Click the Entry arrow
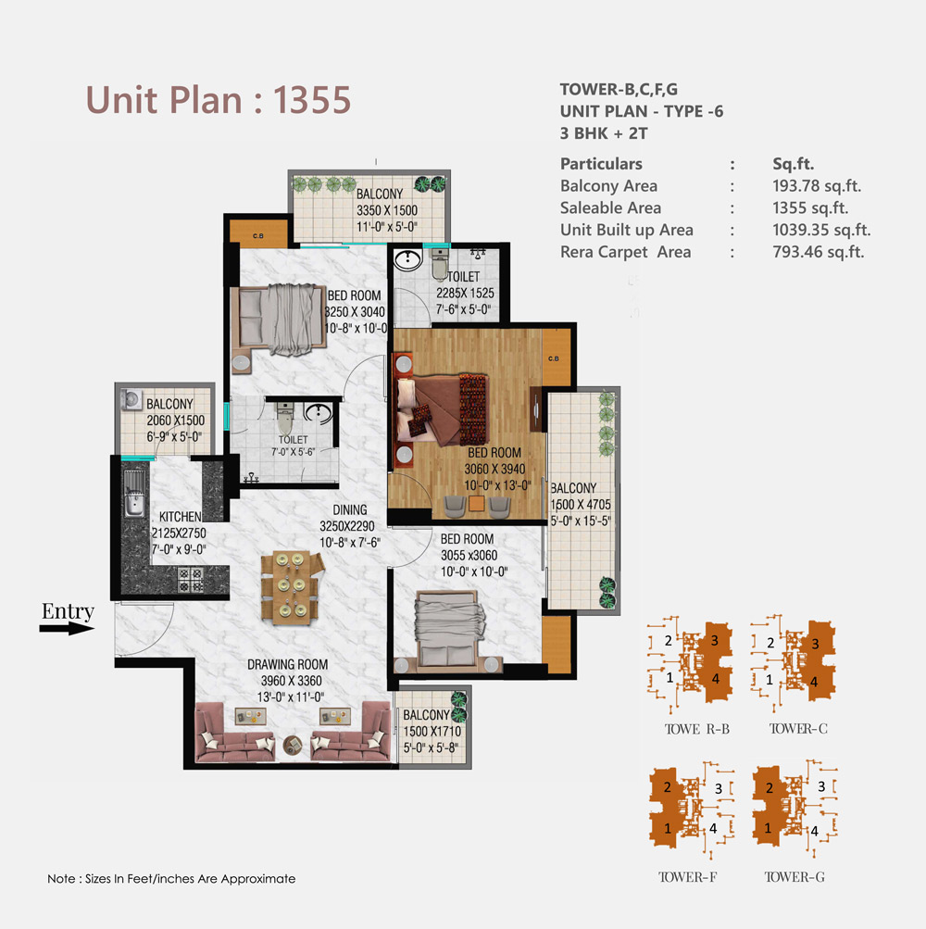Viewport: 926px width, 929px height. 67,628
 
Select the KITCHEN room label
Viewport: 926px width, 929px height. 180,517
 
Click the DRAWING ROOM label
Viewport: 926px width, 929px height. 287,665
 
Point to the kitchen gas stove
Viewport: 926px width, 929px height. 191,580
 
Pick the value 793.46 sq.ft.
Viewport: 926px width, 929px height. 819,252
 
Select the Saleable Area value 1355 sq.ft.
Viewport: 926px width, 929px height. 810,208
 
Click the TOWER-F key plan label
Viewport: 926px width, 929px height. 687,877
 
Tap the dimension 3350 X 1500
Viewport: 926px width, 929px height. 387,210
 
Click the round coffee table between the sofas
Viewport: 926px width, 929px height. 292,744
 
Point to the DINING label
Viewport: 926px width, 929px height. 349,509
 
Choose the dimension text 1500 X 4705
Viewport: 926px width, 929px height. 581,505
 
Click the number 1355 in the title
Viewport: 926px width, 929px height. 312,99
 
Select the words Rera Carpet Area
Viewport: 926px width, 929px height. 626,252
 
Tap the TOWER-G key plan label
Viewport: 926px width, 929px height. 795,877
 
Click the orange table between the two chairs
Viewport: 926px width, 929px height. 476,504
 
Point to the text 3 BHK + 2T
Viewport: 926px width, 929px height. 604,133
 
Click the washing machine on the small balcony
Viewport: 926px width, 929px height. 131,399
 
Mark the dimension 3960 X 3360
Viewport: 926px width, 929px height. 292,682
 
